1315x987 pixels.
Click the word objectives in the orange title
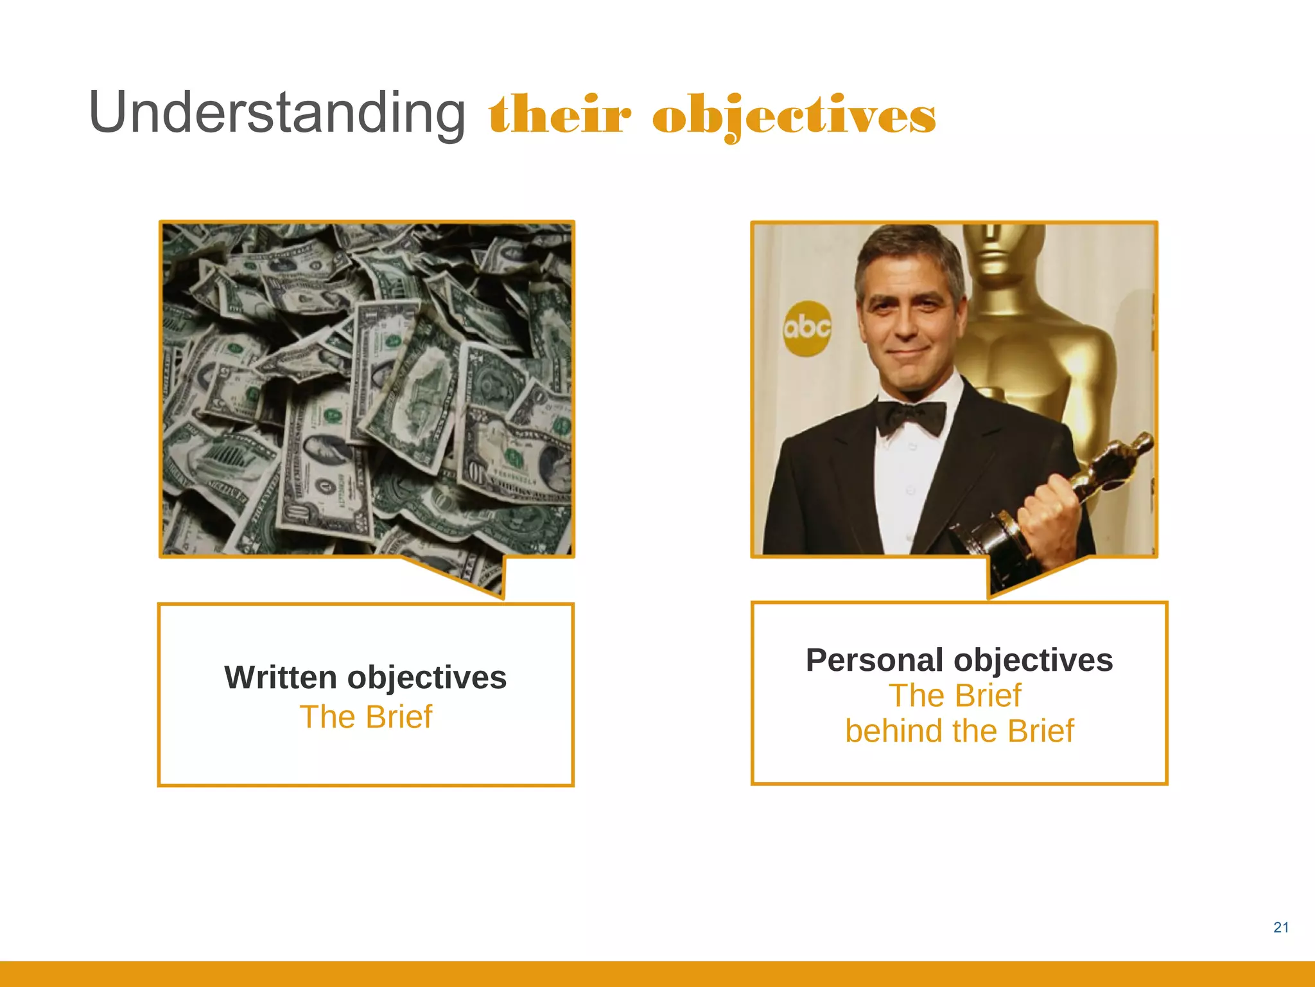pos(794,116)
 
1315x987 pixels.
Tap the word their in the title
pos(560,116)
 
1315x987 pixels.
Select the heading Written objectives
pos(365,677)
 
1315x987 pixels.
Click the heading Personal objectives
pos(959,660)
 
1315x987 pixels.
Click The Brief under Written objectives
pos(366,716)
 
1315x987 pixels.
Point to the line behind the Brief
pos(959,731)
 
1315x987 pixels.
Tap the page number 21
pos(1280,927)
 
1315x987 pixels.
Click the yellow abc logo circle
pos(806,328)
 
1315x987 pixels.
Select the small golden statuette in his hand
pos(1117,469)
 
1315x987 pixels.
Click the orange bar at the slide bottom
pos(657,974)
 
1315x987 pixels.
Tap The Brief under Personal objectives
pos(955,696)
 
